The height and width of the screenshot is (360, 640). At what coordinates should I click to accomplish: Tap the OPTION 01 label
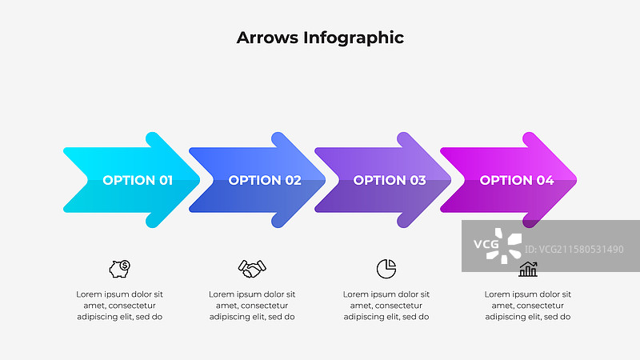click(138, 180)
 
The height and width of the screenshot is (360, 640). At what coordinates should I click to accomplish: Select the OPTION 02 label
click(265, 180)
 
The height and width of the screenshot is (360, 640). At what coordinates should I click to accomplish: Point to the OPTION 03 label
click(390, 180)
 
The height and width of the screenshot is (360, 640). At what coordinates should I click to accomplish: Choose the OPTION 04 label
click(517, 180)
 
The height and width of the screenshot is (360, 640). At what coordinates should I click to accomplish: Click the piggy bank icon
click(119, 269)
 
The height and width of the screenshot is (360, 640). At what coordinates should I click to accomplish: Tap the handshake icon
click(252, 269)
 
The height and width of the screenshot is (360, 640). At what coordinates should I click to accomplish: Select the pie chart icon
click(386, 269)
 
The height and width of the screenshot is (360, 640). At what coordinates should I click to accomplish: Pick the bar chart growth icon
click(528, 270)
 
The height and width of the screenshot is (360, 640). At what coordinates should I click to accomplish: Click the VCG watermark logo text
click(486, 244)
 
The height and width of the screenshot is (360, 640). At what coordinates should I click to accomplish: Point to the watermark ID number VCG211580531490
click(574, 250)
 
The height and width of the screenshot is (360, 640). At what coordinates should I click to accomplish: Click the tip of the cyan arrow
click(199, 180)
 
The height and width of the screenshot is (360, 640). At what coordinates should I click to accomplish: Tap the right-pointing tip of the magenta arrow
click(576, 180)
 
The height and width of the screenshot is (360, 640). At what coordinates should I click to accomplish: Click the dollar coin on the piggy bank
click(125, 266)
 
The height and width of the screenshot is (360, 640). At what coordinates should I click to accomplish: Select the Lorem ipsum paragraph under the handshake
click(252, 306)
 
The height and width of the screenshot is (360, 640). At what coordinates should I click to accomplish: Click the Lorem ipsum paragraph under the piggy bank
click(119, 306)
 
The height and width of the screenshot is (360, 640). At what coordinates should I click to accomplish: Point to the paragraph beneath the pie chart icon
click(386, 306)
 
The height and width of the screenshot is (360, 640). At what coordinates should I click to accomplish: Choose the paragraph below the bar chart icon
click(528, 306)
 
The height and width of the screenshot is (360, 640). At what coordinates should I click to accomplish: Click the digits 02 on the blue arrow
click(293, 180)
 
